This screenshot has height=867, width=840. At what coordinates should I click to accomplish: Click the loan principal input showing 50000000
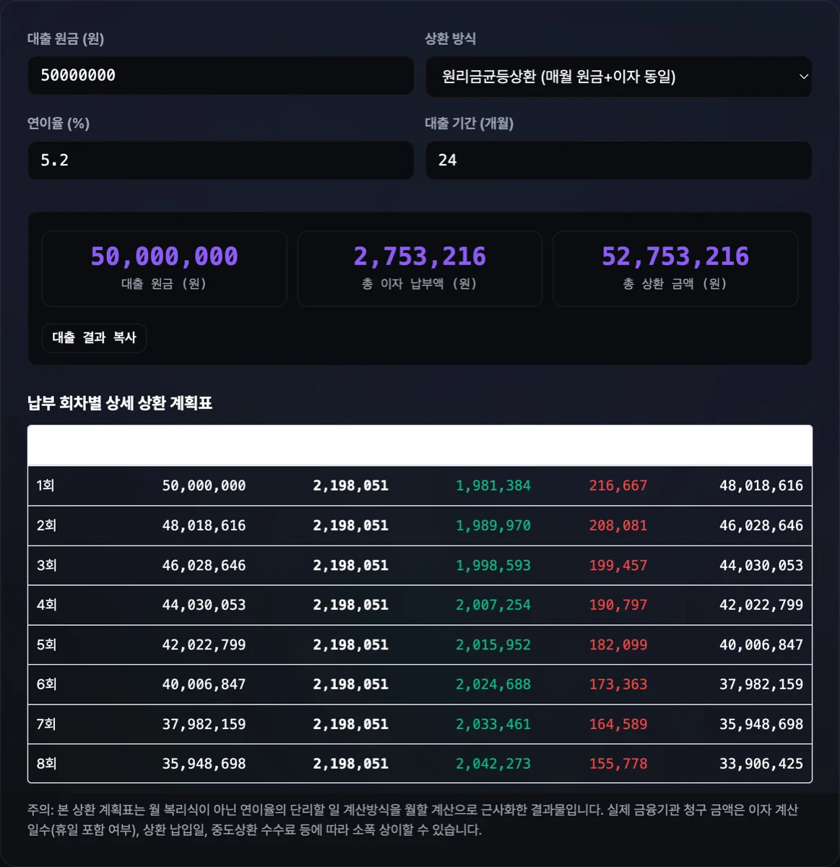220,75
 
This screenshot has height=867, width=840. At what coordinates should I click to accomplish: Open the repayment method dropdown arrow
803,77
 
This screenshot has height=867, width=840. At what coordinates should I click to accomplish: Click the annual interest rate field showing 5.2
220,160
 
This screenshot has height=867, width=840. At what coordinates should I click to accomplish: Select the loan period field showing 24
618,160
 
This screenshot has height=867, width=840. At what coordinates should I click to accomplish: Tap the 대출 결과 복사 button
94,337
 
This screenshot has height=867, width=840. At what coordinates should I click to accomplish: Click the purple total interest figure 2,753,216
420,256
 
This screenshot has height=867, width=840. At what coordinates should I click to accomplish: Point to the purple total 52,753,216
675,256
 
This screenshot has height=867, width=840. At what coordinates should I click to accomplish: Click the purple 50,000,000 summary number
165,256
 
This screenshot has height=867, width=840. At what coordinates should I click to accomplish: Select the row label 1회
46,486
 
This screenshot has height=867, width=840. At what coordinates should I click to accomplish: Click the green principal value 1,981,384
493,486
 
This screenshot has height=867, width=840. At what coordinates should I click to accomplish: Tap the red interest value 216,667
618,486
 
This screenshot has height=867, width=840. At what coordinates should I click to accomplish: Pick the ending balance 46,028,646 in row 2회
761,526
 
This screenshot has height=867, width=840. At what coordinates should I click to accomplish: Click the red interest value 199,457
618,566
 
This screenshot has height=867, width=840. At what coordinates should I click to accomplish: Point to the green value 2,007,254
493,605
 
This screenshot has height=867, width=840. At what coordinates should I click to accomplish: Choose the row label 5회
46,644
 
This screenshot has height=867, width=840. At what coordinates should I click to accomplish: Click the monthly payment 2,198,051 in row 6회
350,684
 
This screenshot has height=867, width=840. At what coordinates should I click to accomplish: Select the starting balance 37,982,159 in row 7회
204,725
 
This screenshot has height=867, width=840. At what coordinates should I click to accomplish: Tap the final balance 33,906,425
761,764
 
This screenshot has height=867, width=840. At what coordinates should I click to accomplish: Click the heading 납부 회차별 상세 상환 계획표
120,403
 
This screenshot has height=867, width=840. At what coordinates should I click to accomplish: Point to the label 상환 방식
450,39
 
